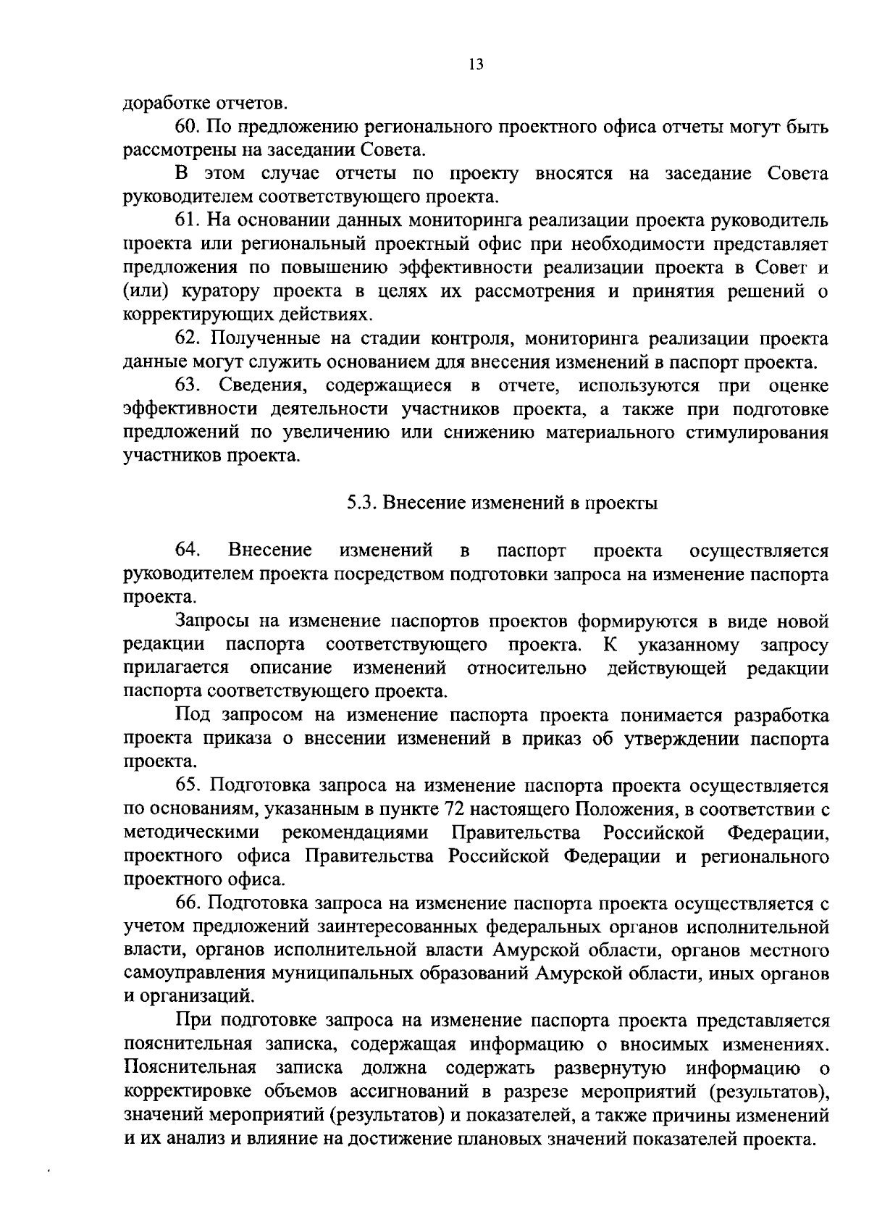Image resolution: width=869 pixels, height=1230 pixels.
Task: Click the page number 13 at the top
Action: coord(475,64)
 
